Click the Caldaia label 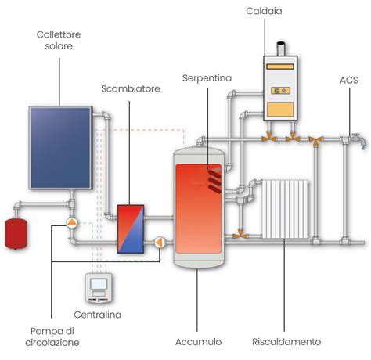(264, 11)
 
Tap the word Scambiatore (131, 88)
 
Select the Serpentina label (207, 78)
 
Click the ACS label (349, 80)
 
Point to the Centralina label (98, 315)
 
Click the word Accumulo (198, 342)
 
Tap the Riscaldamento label (286, 342)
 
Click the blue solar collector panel (60, 148)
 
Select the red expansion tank (16, 234)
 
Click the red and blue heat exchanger (131, 229)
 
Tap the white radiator (286, 209)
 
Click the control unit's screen (99, 284)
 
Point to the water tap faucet (358, 140)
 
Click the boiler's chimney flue (281, 49)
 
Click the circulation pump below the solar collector (72, 222)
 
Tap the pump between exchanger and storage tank (159, 243)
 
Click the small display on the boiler (280, 91)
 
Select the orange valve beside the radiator (240, 234)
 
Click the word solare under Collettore (59, 46)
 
